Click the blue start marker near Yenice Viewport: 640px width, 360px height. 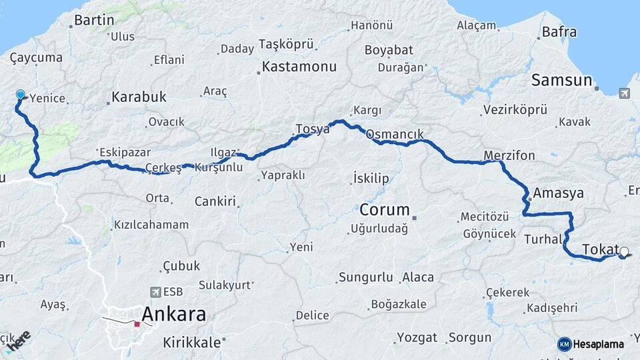click(x=20, y=95)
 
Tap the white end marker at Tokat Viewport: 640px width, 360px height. click(x=624, y=252)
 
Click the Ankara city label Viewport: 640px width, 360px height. click(x=173, y=315)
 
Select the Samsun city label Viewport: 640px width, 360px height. click(x=561, y=81)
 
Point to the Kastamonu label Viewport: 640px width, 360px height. click(x=299, y=67)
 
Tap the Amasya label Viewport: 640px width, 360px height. click(x=558, y=193)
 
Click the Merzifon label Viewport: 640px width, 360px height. click(x=510, y=155)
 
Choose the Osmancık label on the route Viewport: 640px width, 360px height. click(x=395, y=134)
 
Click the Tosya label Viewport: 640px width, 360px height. click(x=313, y=129)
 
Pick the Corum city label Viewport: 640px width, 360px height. click(x=385, y=209)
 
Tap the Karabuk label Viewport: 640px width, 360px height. click(x=139, y=97)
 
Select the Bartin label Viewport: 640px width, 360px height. click(x=94, y=21)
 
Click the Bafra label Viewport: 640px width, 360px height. click(x=559, y=31)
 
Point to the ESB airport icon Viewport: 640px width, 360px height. click(x=155, y=292)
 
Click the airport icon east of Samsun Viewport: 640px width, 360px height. click(x=623, y=93)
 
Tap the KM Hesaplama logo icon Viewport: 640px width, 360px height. click(x=565, y=344)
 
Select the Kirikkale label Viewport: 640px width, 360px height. click(x=193, y=343)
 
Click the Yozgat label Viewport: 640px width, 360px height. click(x=417, y=337)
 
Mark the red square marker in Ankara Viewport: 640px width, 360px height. click(x=137, y=324)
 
